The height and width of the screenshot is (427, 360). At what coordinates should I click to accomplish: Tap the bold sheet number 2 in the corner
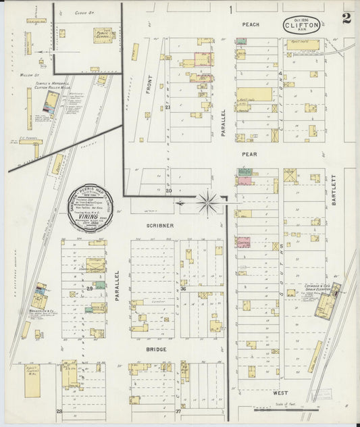pos(346,18)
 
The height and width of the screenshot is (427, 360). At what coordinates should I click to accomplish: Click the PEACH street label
pos(251,24)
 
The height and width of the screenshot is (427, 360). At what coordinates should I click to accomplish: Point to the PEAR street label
pos(251,153)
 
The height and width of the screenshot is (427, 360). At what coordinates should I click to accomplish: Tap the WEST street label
pos(280,392)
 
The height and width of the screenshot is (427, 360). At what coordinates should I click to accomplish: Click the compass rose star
pos(207,199)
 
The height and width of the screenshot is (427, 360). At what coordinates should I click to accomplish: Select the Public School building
pos(103,34)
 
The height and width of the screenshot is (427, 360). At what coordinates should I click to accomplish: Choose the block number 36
pos(183,289)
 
